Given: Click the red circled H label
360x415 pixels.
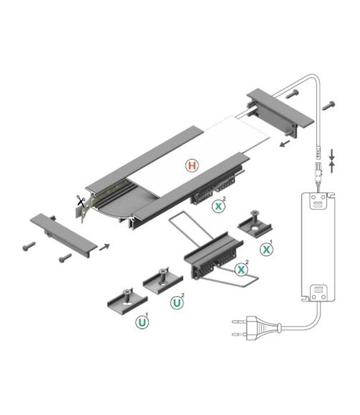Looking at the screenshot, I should click(x=191, y=166).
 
